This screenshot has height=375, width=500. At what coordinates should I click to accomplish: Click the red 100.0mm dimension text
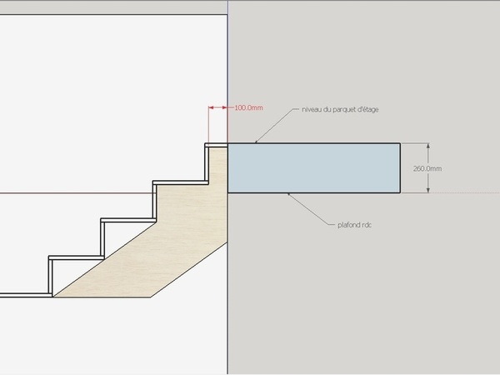[x=247, y=107]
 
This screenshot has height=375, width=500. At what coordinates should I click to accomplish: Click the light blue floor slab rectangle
[x=313, y=168]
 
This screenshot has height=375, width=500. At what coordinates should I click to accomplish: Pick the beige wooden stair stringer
[x=167, y=250]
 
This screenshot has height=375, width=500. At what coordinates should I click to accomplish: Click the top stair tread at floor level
[x=217, y=145]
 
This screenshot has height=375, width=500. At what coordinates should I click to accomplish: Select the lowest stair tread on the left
[x=25, y=294]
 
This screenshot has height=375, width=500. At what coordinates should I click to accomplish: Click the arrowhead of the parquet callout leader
[x=256, y=142]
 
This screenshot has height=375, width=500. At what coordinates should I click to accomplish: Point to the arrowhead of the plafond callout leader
[x=287, y=194]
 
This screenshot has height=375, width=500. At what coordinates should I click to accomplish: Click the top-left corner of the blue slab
[x=228, y=144]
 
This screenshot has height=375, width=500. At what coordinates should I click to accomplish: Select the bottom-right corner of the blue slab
[x=400, y=192]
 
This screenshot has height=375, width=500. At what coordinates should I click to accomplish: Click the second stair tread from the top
[x=179, y=182]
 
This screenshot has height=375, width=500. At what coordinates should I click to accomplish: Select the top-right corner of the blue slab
[x=400, y=144]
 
